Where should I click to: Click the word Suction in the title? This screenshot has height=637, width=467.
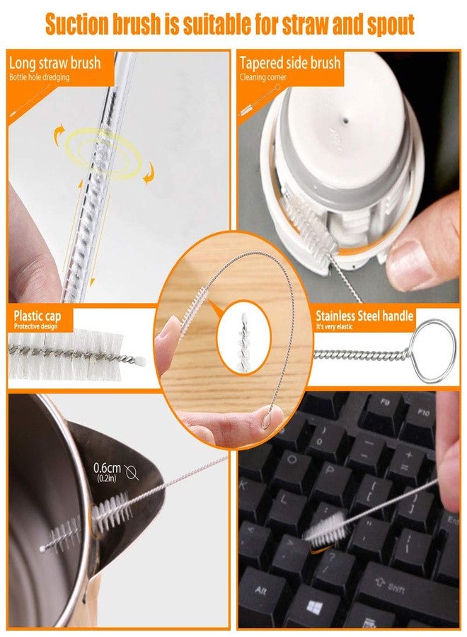pyautogui.click(x=77, y=24)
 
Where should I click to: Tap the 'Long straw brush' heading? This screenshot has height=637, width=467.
pyautogui.click(x=54, y=63)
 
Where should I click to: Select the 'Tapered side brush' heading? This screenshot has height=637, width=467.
pyautogui.click(x=289, y=63)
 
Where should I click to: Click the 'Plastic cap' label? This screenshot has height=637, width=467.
pyautogui.click(x=38, y=316)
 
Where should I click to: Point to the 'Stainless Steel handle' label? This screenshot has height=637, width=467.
pyautogui.click(x=364, y=316)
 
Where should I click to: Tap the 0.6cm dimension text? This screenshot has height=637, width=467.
pyautogui.click(x=108, y=468)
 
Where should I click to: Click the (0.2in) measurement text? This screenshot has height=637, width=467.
pyautogui.click(x=107, y=478)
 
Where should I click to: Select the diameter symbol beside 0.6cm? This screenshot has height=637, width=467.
pyautogui.click(x=132, y=472)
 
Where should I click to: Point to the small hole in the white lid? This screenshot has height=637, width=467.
pyautogui.click(x=345, y=120)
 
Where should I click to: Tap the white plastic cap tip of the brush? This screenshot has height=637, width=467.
pyautogui.click(x=140, y=360)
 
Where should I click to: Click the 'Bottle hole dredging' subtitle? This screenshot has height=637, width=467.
pyautogui.click(x=40, y=77)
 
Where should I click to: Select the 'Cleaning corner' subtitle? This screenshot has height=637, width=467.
pyautogui.click(x=263, y=77)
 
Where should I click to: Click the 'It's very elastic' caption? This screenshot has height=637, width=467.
pyautogui.click(x=334, y=326)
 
